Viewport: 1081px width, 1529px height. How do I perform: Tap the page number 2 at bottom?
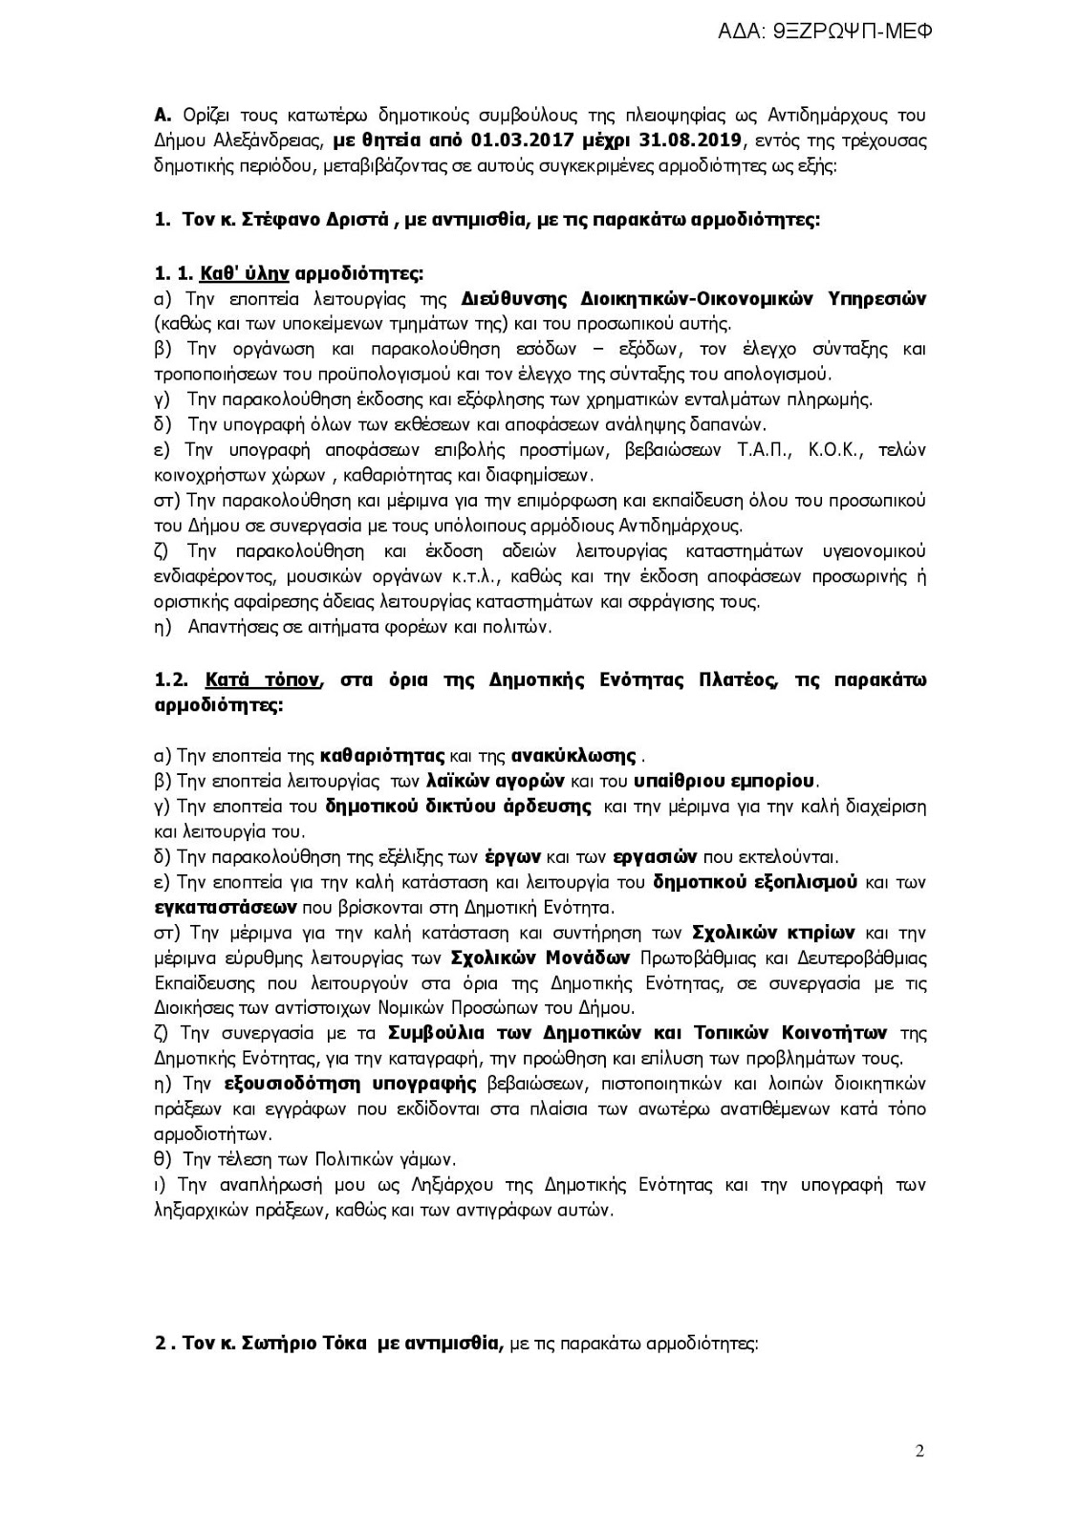point(919,1452)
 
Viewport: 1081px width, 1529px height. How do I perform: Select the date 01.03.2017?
point(513,141)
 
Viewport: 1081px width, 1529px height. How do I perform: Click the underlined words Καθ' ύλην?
point(245,274)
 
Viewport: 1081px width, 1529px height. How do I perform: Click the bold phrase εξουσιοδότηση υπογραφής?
point(350,1084)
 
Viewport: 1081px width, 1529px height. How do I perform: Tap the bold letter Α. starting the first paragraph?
point(162,117)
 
